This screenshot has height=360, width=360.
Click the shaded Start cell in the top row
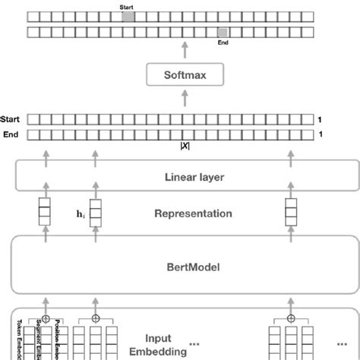tap(128, 16)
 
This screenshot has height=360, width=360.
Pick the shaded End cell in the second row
tap(222, 32)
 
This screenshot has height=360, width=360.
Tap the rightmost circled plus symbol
tap(291, 318)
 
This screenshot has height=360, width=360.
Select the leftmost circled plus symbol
tap(47, 318)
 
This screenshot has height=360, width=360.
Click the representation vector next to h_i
tap(95, 210)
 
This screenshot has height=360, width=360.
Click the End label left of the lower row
tap(12, 134)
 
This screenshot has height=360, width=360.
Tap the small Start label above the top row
tap(126, 6)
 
